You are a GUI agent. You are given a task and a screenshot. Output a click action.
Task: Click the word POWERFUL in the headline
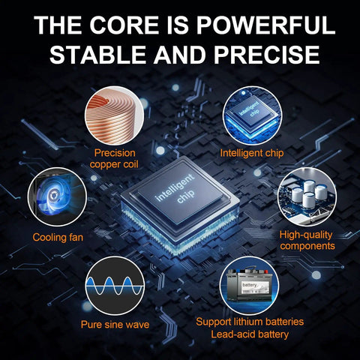265,25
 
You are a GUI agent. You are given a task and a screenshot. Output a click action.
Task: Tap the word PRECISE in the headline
266,55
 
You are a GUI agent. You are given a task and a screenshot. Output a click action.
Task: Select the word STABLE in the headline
97,55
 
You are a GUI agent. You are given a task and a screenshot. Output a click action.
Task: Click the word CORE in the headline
124,25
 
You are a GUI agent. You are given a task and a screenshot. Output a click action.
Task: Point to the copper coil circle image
114,115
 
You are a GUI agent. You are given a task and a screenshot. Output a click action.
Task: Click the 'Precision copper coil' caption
114,158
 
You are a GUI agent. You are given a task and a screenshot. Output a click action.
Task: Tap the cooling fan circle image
57,197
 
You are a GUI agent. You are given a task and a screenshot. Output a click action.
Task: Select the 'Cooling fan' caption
58,237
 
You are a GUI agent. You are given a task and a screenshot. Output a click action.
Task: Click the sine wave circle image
115,286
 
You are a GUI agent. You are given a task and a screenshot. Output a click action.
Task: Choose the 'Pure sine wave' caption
115,325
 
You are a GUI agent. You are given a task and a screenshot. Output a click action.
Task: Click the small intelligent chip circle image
252,115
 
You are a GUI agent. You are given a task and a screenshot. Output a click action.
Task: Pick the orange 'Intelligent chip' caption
252,153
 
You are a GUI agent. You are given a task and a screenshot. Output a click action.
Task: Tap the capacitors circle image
307,197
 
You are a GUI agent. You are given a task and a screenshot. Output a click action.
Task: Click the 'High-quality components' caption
307,240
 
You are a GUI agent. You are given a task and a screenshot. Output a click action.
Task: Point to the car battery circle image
249,286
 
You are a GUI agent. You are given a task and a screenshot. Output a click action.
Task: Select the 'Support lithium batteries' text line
250,322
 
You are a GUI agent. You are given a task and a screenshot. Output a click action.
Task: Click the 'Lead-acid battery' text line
250,334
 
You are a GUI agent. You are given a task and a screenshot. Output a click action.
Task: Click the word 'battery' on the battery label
250,285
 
